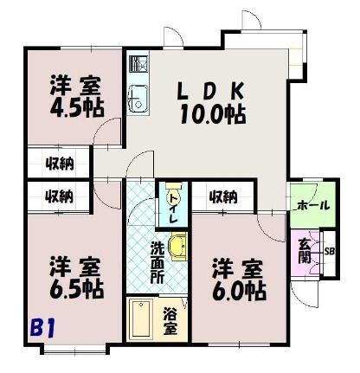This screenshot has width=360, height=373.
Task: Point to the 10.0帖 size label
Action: pyautogui.click(x=212, y=113)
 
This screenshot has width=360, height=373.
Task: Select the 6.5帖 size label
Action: pyautogui.click(x=72, y=289)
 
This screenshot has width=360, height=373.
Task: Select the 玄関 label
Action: pyautogui.click(x=304, y=250)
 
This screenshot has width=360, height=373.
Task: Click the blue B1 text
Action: pyautogui.click(x=42, y=329)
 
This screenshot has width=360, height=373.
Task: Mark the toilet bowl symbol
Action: pyautogui.click(x=170, y=193)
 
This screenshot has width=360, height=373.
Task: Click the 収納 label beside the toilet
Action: pyautogui.click(x=224, y=196)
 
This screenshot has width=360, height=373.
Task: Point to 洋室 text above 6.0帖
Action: pyautogui.click(x=236, y=267)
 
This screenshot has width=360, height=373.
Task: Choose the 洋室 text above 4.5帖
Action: pyautogui.click(x=72, y=87)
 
